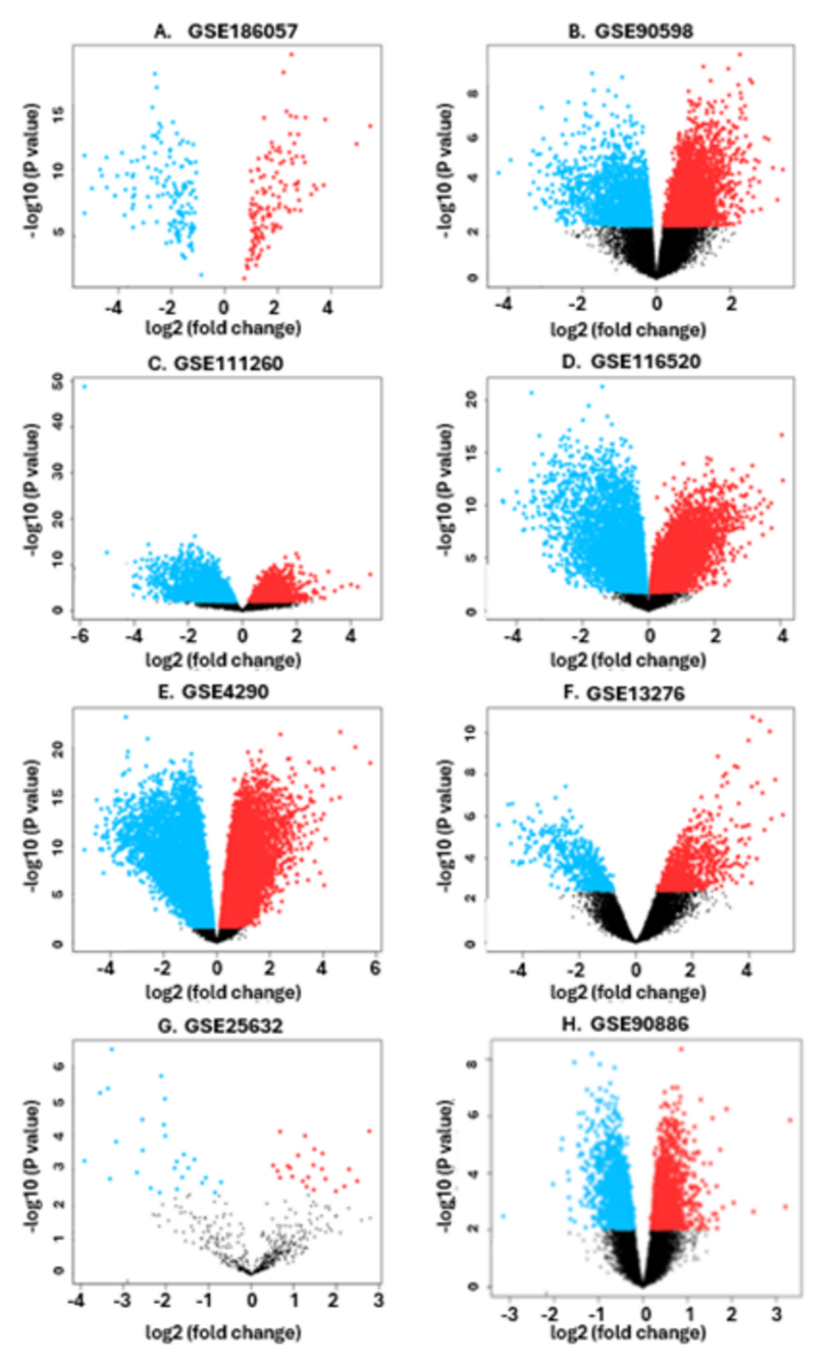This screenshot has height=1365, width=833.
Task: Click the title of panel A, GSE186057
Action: click(226, 32)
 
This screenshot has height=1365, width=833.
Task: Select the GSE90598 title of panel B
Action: click(631, 32)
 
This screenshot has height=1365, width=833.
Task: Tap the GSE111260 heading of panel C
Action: click(228, 363)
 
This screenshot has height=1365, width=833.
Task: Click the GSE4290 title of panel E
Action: click(213, 692)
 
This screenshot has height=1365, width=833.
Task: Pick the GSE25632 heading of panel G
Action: click(220, 1025)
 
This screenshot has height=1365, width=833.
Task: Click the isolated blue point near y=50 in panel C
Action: click(84, 386)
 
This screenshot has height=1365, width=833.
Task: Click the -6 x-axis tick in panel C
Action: click(79, 636)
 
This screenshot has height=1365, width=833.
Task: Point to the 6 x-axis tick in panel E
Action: click(375, 968)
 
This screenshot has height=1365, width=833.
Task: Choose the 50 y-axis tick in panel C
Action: click(57, 381)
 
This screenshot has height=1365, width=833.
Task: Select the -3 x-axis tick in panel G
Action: click(124, 1300)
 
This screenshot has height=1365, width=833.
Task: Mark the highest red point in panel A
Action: click(291, 55)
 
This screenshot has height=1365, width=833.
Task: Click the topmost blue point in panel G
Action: click(112, 1049)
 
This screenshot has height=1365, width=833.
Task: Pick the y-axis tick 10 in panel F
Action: click(470, 732)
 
